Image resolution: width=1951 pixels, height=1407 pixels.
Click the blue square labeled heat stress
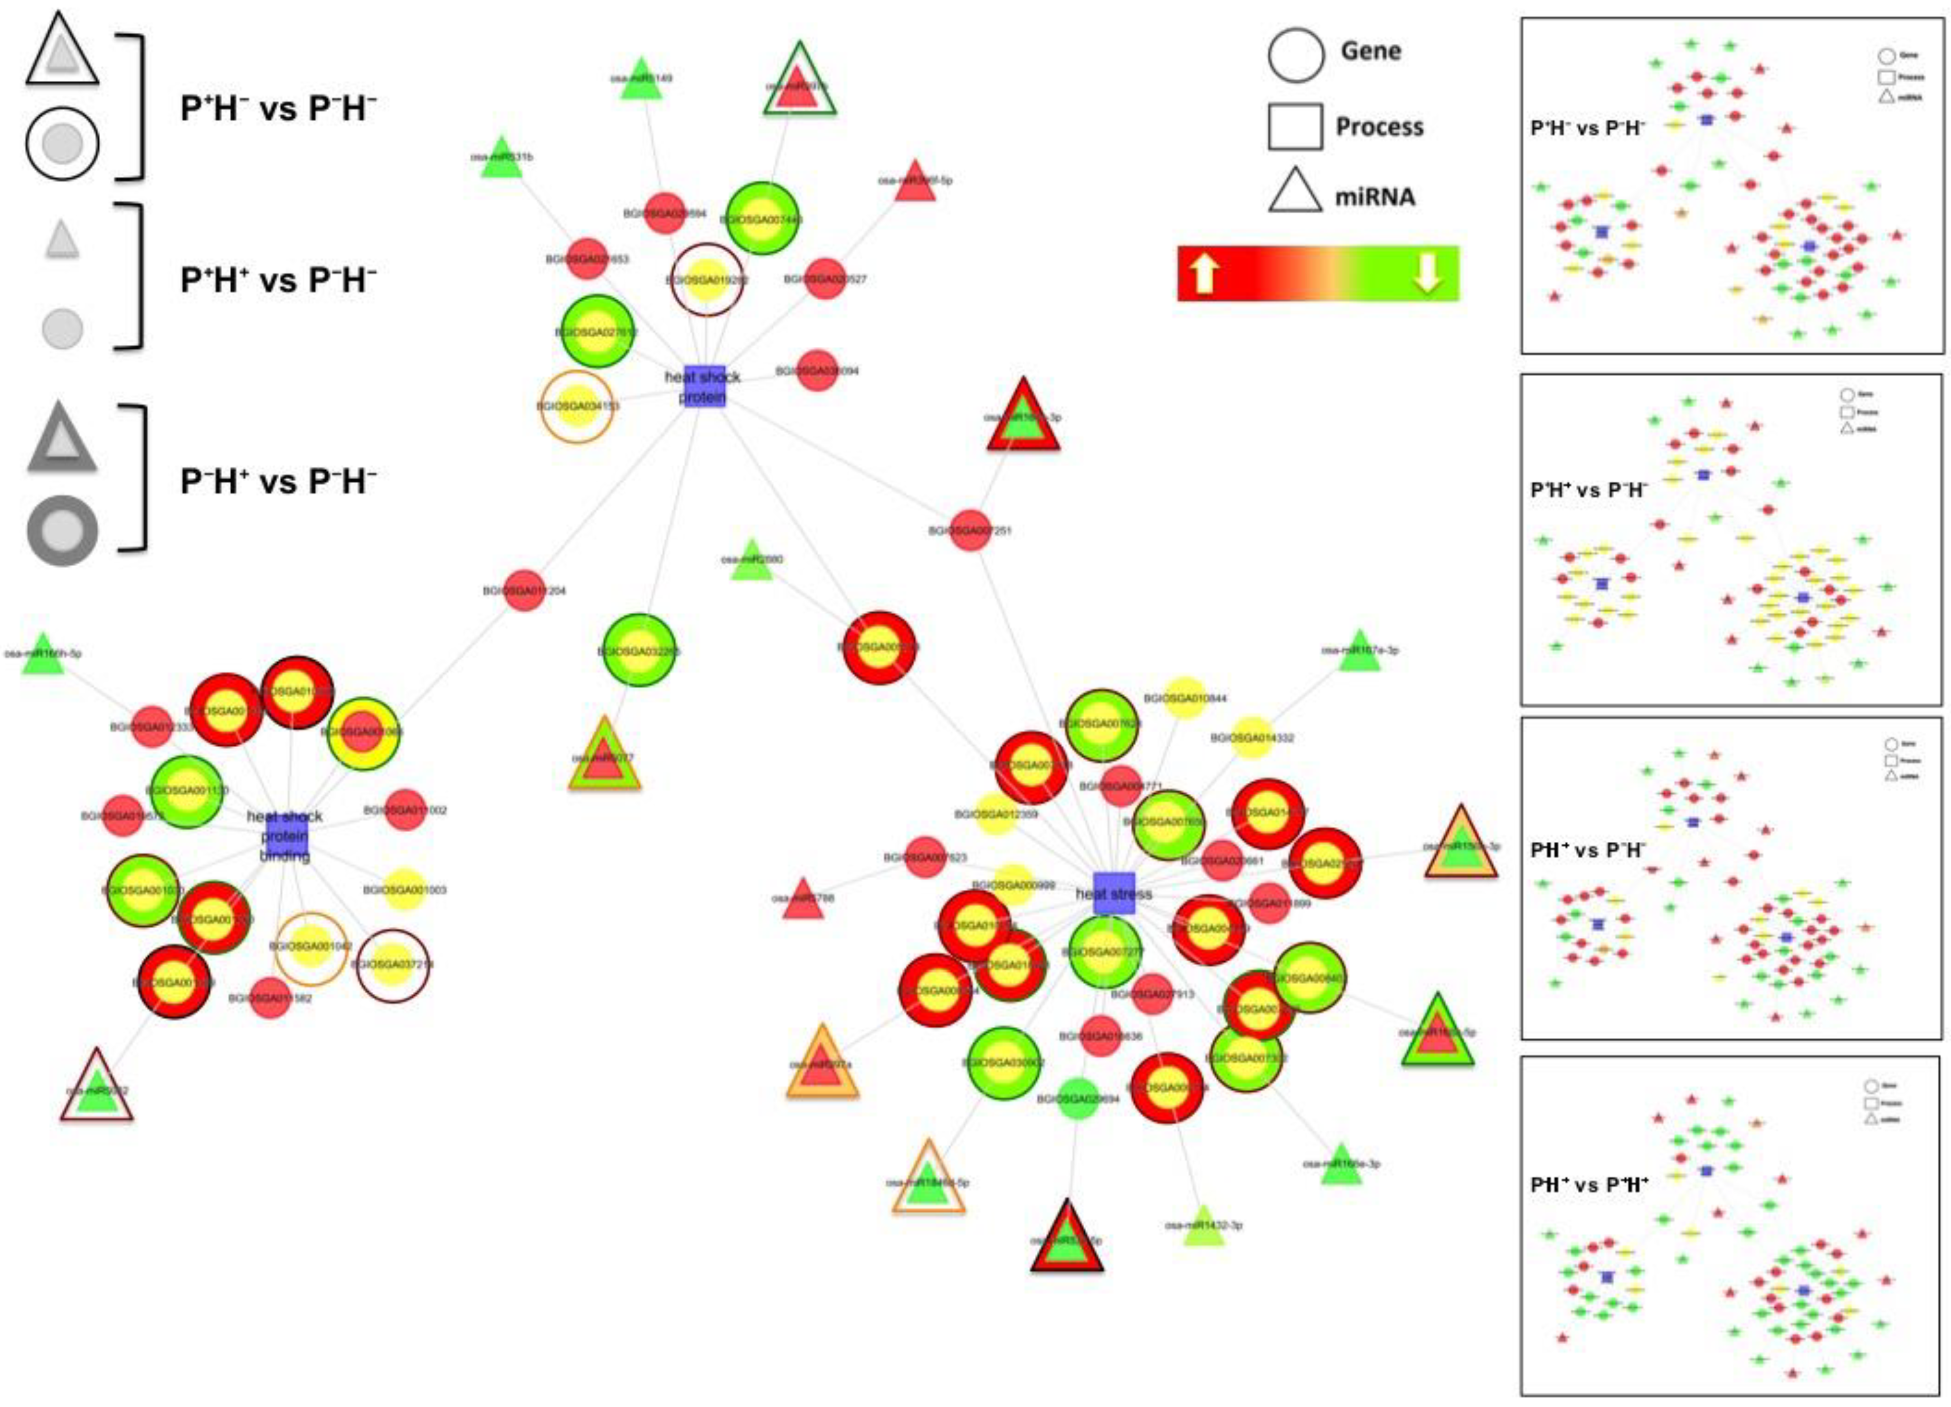pyautogui.click(x=1114, y=893)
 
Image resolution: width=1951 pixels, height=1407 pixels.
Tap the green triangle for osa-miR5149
pyautogui.click(x=641, y=80)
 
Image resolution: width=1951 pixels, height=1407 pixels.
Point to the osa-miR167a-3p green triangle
pyautogui.click(x=1359, y=652)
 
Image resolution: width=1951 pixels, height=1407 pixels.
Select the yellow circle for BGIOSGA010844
pyautogui.click(x=1184, y=699)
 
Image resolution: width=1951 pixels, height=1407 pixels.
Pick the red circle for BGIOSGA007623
pyautogui.click(x=925, y=857)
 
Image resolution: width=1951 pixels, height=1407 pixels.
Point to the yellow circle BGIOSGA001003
pyautogui.click(x=404, y=890)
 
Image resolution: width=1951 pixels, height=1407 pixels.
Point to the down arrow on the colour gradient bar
pyautogui.click(x=1427, y=274)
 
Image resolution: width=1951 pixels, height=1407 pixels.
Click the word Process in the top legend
pyautogui.click(x=1379, y=127)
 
